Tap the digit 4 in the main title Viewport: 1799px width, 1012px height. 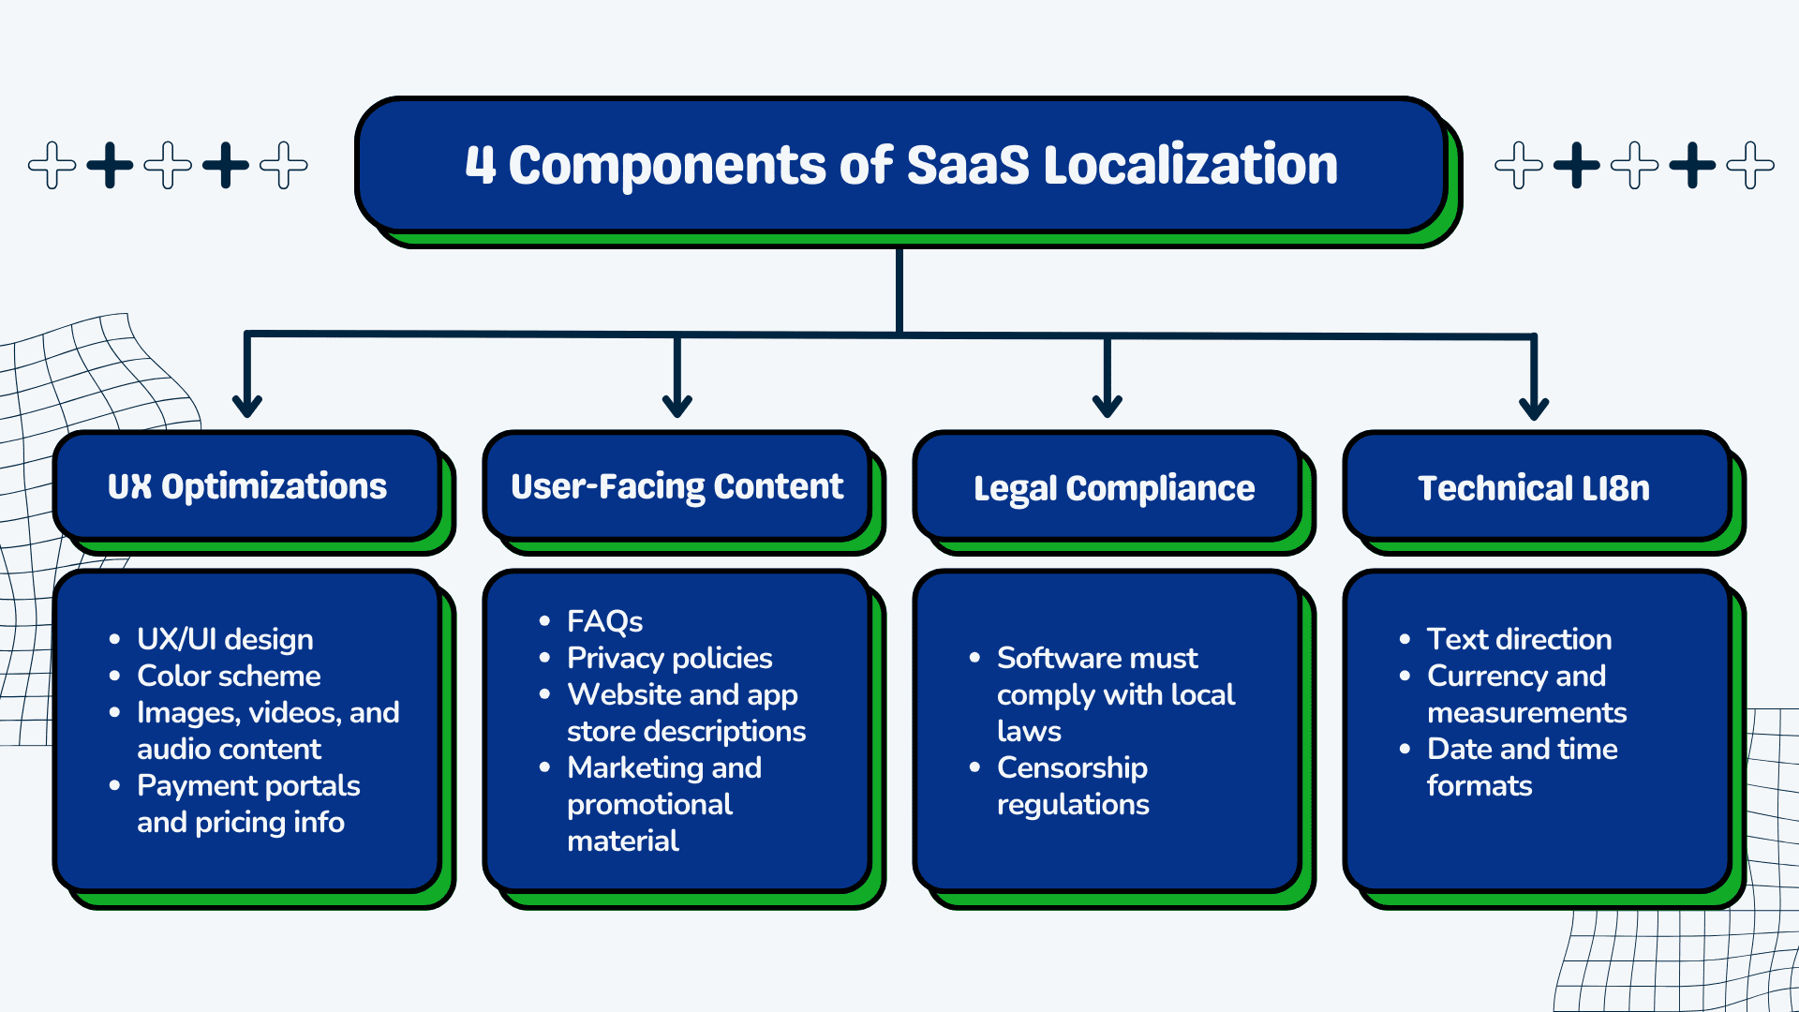point(480,165)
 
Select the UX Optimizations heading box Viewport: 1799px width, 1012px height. point(247,486)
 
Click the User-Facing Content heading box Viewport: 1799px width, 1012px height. point(676,486)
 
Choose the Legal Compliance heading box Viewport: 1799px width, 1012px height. point(1113,488)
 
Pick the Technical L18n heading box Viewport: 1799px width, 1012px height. point(1534,488)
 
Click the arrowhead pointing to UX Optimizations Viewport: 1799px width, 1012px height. point(247,405)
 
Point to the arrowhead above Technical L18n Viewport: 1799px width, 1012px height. point(1534,407)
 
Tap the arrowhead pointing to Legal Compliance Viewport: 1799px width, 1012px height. point(1108,405)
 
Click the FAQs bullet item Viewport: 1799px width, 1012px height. point(604,621)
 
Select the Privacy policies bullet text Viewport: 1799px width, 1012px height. point(669,658)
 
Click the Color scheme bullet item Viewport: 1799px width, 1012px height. point(229,676)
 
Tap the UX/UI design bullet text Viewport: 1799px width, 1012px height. point(225,639)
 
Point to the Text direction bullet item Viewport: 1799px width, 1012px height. point(1519,639)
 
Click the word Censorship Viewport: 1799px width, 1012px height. point(1072,767)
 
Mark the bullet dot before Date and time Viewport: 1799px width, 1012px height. point(1405,749)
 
